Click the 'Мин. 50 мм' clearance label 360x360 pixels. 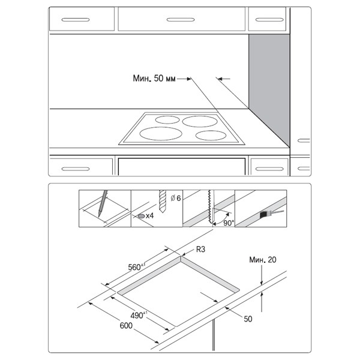click(x=154, y=79)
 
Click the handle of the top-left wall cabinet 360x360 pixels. click(x=76, y=20)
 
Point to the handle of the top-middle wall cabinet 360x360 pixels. click(x=181, y=20)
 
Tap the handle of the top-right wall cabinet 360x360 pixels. click(x=269, y=20)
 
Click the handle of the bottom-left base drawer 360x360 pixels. click(x=76, y=169)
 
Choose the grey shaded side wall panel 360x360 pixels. click(x=269, y=89)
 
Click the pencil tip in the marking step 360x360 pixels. click(x=99, y=215)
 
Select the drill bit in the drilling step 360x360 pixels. click(x=163, y=201)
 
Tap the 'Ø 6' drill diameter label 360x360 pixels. click(x=176, y=198)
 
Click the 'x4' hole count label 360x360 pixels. click(x=149, y=216)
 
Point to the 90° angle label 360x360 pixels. click(x=229, y=223)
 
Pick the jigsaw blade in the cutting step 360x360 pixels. click(x=210, y=206)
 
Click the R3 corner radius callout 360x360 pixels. click(x=200, y=250)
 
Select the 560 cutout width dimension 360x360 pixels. click(x=137, y=266)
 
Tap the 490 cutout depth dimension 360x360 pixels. click(x=139, y=315)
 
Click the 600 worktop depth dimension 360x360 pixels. click(x=126, y=326)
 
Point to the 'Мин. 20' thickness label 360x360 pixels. click(x=263, y=260)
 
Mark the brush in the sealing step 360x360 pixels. click(x=271, y=214)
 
